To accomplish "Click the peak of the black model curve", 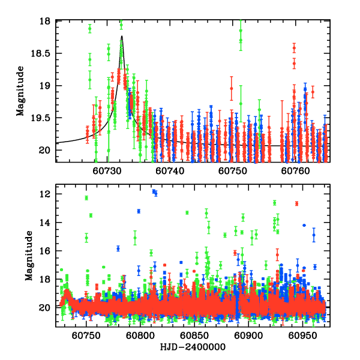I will coord(122,36).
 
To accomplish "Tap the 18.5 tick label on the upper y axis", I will coord(42,53).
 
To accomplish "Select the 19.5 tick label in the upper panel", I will coord(42,118).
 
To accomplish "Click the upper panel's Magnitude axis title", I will coord(20,92).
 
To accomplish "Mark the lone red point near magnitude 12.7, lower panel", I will coord(296,203).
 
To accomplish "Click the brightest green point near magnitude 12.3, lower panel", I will coord(86,198).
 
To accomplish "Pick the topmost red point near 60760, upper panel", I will coord(294,47).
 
